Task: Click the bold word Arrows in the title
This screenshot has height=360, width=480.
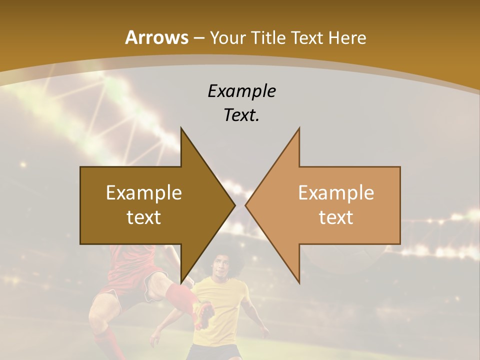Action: coord(156,37)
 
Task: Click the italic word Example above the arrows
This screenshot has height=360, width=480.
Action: coord(241,91)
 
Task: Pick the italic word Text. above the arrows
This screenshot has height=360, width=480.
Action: coord(241,115)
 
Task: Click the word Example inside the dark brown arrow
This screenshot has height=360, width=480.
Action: coord(144,192)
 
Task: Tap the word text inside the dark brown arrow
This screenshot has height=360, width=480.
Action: coord(144,217)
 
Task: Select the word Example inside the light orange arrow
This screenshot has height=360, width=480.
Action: coord(336,192)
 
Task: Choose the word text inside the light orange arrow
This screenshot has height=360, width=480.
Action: coord(336,217)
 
